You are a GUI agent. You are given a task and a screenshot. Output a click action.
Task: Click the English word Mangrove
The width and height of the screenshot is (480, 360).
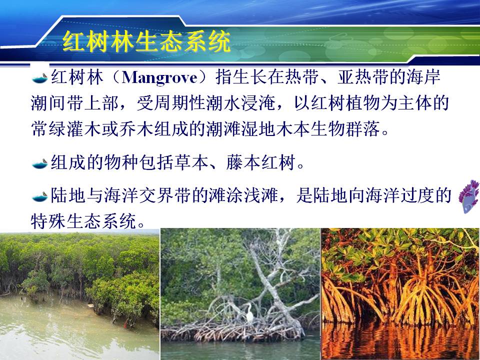pyautogui.click(x=159, y=78)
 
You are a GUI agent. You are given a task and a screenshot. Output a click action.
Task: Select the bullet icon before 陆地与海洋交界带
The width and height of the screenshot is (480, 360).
pyautogui.click(x=40, y=196)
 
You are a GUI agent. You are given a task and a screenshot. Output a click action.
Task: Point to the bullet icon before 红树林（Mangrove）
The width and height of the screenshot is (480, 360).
pyautogui.click(x=40, y=78)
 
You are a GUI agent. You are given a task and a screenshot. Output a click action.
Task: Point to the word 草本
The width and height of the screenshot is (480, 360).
pyautogui.click(x=191, y=162)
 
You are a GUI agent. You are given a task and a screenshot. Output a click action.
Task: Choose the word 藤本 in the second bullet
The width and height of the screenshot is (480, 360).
pyautogui.click(x=243, y=162)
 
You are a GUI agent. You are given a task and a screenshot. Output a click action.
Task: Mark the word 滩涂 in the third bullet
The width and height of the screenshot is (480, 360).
pyautogui.click(x=226, y=195)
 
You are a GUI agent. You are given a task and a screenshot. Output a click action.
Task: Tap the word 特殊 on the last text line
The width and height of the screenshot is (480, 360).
pyautogui.click(x=48, y=221)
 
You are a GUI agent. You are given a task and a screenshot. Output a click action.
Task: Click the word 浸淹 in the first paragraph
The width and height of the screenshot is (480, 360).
pyautogui.click(x=258, y=103)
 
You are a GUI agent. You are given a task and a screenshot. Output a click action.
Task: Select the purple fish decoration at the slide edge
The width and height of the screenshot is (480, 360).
pyautogui.click(x=468, y=196)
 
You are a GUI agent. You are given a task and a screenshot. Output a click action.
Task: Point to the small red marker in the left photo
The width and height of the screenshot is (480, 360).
pyautogui.click(x=125, y=324)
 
